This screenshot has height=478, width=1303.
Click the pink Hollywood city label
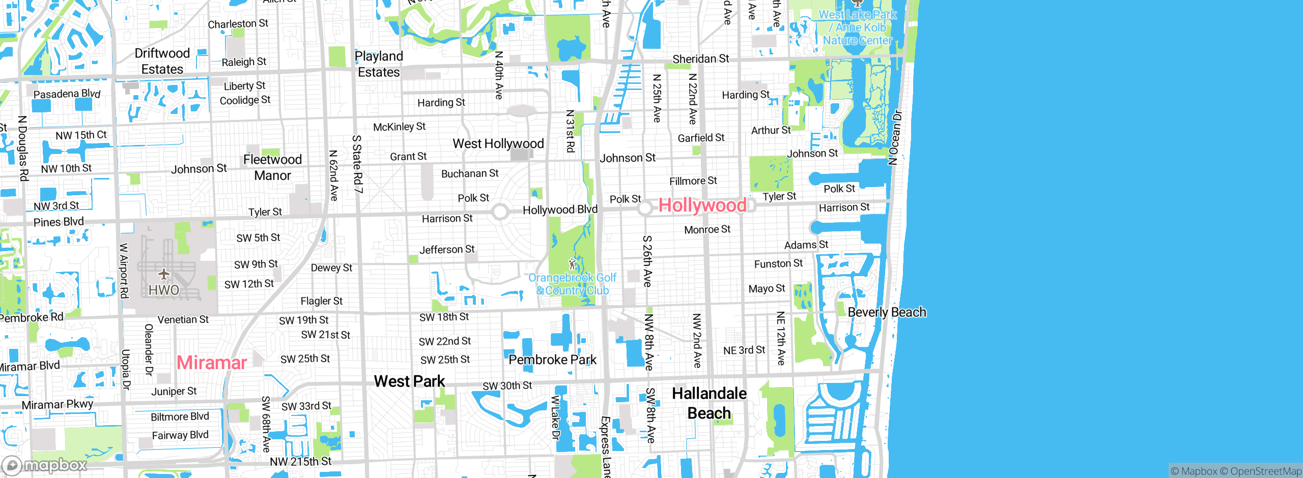pos(702,205)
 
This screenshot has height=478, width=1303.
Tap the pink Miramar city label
pos(212,363)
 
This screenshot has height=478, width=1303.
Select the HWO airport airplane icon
pos(163,275)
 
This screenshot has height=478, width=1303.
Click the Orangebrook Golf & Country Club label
pos(572,284)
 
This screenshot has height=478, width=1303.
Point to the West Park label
pos(409,381)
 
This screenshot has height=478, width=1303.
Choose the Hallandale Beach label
pos(709,403)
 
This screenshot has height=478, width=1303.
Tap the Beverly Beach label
pos(887,312)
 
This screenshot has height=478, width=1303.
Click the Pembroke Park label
pos(552,360)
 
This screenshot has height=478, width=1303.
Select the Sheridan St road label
pos(700,59)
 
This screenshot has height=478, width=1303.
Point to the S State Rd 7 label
pos(357,164)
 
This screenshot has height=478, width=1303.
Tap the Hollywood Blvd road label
pos(560,210)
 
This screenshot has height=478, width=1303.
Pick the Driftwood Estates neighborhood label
pos(162,61)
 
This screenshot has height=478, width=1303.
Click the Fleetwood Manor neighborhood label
pos(272,167)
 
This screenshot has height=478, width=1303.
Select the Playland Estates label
pos(379,64)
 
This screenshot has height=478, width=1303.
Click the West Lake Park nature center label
pos(857,27)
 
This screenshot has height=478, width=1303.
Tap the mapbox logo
pos(45,465)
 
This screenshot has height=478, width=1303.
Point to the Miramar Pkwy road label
pos(58,405)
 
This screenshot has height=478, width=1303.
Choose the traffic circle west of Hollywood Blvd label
pos(500,212)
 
